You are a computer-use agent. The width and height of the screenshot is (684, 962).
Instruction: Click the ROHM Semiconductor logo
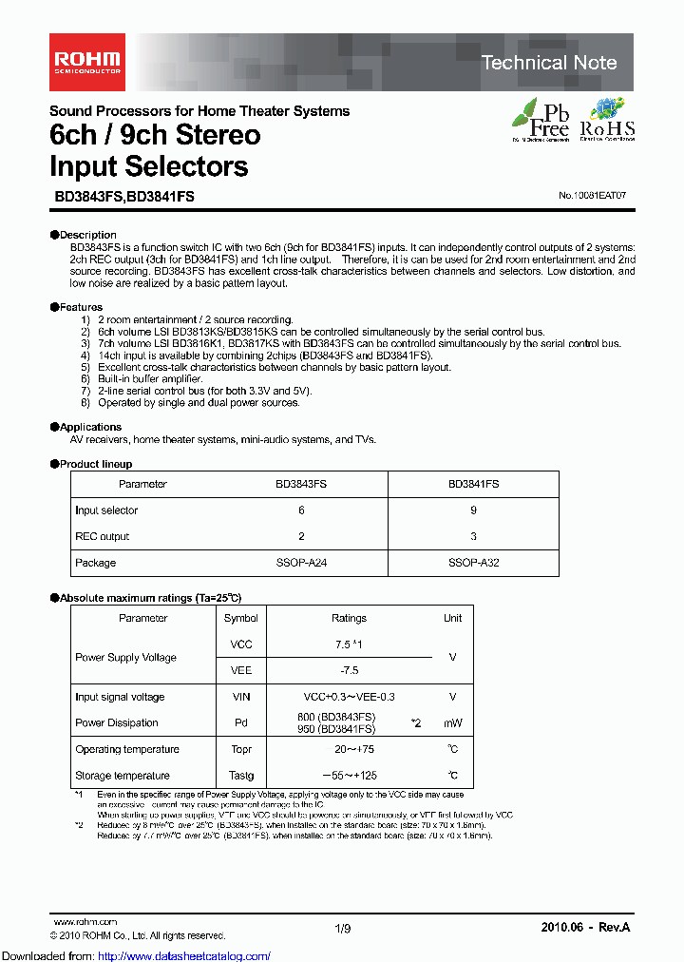(x=85, y=54)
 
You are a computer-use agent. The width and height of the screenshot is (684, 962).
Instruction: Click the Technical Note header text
(x=549, y=63)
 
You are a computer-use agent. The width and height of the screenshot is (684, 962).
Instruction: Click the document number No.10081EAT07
(x=592, y=195)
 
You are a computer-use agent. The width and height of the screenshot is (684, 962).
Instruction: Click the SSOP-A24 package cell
(x=301, y=563)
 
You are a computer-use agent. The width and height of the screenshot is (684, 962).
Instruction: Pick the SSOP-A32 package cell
(x=473, y=563)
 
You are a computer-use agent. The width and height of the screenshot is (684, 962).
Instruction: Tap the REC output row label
(x=103, y=536)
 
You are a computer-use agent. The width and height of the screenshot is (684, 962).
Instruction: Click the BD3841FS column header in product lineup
(x=473, y=484)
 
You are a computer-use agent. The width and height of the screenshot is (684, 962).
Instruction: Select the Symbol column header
(x=240, y=618)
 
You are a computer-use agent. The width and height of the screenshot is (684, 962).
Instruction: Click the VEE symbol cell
(x=240, y=670)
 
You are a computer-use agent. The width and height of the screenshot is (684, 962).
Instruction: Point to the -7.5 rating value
(x=349, y=670)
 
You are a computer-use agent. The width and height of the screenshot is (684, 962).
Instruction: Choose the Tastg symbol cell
(x=240, y=776)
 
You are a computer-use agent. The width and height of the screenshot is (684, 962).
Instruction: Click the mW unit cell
(x=452, y=723)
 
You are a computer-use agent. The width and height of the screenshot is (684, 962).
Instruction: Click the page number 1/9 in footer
(x=342, y=927)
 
